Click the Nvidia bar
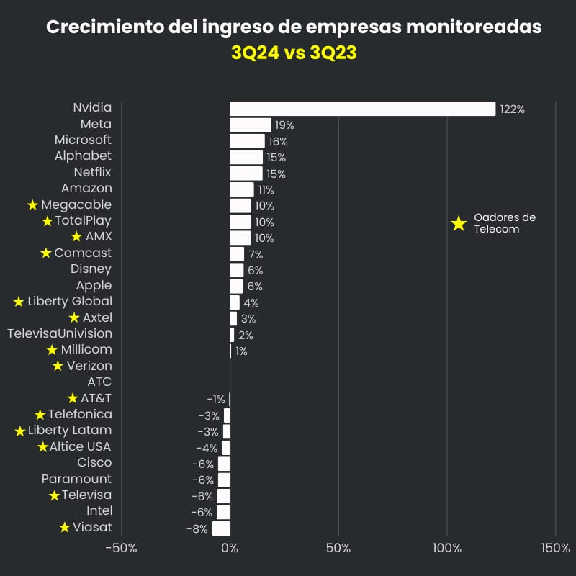pos(362,109)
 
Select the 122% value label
pos(512,109)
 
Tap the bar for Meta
pos(250,125)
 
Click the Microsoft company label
pos(84,140)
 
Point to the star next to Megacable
pos(32,205)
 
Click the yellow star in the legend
pos(459,223)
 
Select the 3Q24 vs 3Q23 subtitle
pos(294,53)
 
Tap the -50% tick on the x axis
pos(121,548)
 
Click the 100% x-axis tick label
pos(447,548)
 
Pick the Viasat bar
pos(221,528)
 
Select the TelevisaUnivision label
pos(60,333)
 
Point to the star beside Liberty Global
pos(19,302)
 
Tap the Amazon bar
pos(242,189)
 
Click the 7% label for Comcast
pos(256,255)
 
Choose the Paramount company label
pos(76,479)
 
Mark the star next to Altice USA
pos(43,447)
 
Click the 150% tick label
pos(555,548)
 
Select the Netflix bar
pos(246,173)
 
